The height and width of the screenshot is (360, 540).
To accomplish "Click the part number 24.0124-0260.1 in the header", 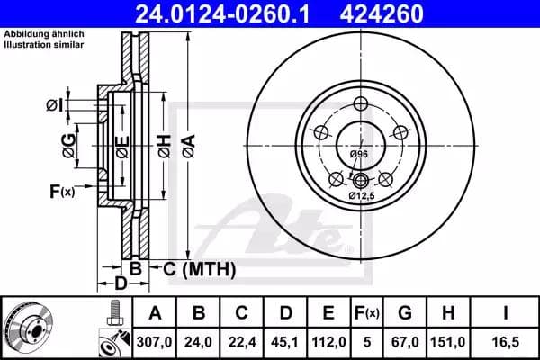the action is [222, 13].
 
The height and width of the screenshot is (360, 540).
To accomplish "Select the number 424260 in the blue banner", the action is [382, 13].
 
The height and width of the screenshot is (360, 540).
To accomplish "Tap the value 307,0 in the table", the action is [154, 342].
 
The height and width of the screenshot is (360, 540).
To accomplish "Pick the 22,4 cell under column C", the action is [242, 342].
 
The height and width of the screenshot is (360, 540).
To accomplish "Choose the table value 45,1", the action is [285, 342].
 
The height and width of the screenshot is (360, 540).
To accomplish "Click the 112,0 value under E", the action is [328, 342].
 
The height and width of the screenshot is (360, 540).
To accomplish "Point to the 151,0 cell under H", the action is [448, 342].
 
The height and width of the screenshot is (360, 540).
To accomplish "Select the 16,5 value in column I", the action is [505, 342].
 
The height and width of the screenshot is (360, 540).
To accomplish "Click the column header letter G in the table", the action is [405, 313].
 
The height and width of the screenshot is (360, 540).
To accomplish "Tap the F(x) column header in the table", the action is [367, 313].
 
